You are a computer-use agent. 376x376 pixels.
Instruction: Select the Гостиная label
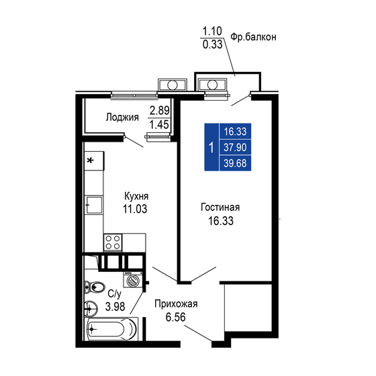point(220,207)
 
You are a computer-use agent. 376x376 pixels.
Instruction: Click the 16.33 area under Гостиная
point(220,220)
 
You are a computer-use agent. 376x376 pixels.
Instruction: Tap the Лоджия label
point(122,117)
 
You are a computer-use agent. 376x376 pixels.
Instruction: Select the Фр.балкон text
point(254,37)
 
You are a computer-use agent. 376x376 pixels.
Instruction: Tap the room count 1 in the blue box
point(211,148)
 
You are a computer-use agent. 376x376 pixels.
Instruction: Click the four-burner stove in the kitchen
point(113,242)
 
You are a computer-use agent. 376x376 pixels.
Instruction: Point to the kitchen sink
point(93,204)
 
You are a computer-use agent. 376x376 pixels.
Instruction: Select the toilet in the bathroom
point(93,286)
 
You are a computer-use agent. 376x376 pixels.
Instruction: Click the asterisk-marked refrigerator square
point(93,160)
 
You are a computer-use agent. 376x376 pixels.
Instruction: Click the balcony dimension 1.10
point(212,31)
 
